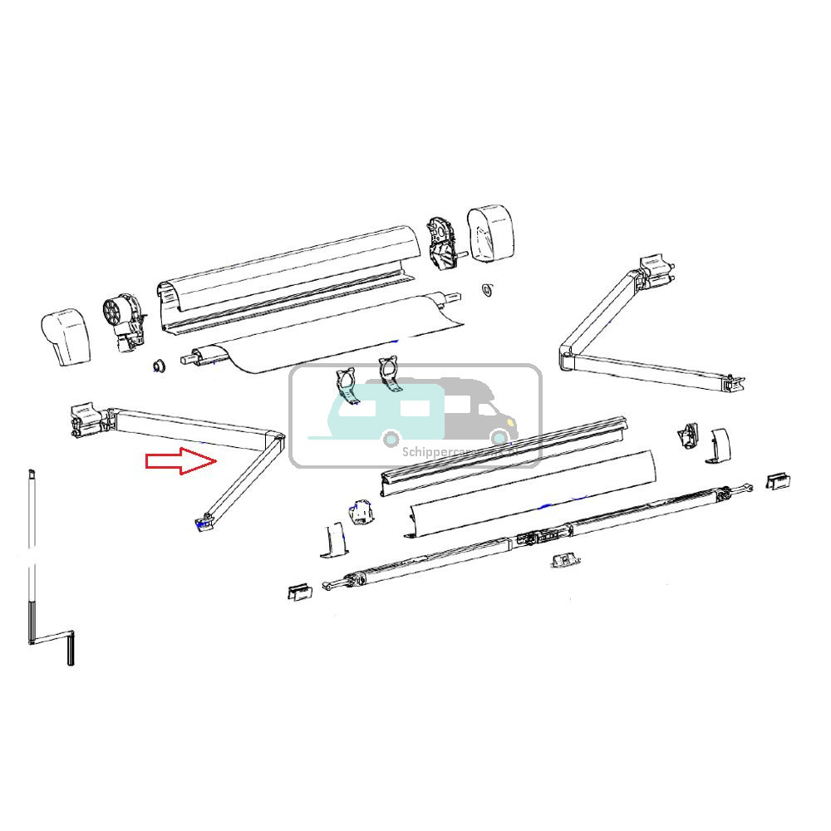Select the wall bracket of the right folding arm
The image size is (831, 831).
click(655, 270)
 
